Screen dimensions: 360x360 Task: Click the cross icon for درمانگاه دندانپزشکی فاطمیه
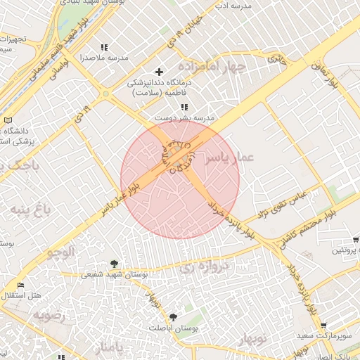pyautogui.click(x=160, y=72)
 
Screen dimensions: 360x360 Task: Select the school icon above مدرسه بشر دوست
pyautogui.click(x=184, y=107)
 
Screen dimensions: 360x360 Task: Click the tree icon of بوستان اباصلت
pyautogui.click(x=173, y=317)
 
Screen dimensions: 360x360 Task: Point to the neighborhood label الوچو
pyautogui.click(x=59, y=251)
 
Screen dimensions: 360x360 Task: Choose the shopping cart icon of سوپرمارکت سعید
pyautogui.click(x=323, y=326)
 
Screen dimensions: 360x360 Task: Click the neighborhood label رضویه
pyautogui.click(x=48, y=315)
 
